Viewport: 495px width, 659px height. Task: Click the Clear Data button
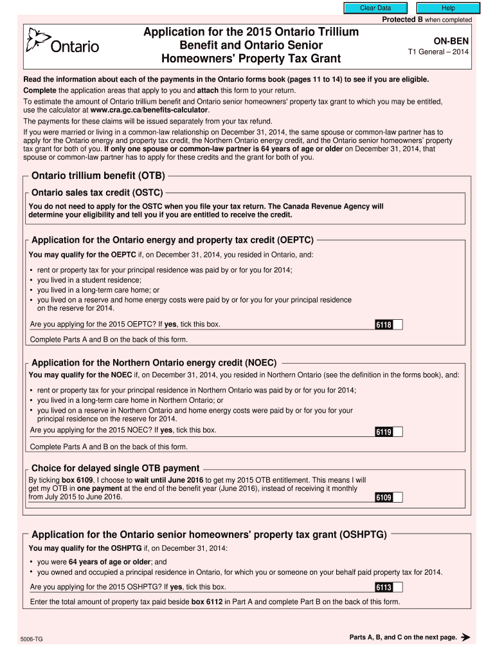point(375,8)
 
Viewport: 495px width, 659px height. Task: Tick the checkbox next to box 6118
point(398,324)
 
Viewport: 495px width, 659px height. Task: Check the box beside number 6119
point(398,432)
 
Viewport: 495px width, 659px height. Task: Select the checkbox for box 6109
point(398,497)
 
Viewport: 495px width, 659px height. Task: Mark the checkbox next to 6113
point(398,587)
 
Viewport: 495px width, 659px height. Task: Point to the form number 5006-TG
point(32,639)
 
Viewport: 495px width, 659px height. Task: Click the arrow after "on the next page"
point(466,638)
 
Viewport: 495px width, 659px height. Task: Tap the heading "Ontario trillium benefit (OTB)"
point(98,175)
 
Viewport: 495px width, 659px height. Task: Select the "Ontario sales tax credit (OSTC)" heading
point(97,192)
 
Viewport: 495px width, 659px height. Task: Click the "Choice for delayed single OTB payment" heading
point(116,468)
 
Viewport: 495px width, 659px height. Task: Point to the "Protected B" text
point(398,20)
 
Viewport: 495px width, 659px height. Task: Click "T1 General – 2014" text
point(438,52)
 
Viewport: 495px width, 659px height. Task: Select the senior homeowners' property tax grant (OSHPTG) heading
point(208,535)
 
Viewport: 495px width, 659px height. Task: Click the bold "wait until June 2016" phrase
point(169,480)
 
